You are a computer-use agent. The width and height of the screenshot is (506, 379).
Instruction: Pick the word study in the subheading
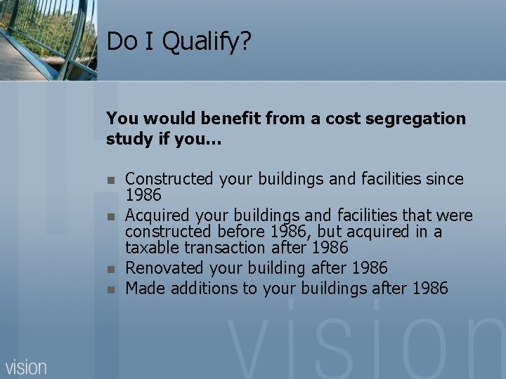point(126,139)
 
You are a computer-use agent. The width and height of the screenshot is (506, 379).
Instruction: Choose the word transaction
point(225,248)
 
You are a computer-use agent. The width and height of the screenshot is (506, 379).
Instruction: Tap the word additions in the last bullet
point(200,288)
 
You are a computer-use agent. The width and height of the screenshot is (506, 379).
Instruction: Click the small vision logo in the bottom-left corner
point(26,366)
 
